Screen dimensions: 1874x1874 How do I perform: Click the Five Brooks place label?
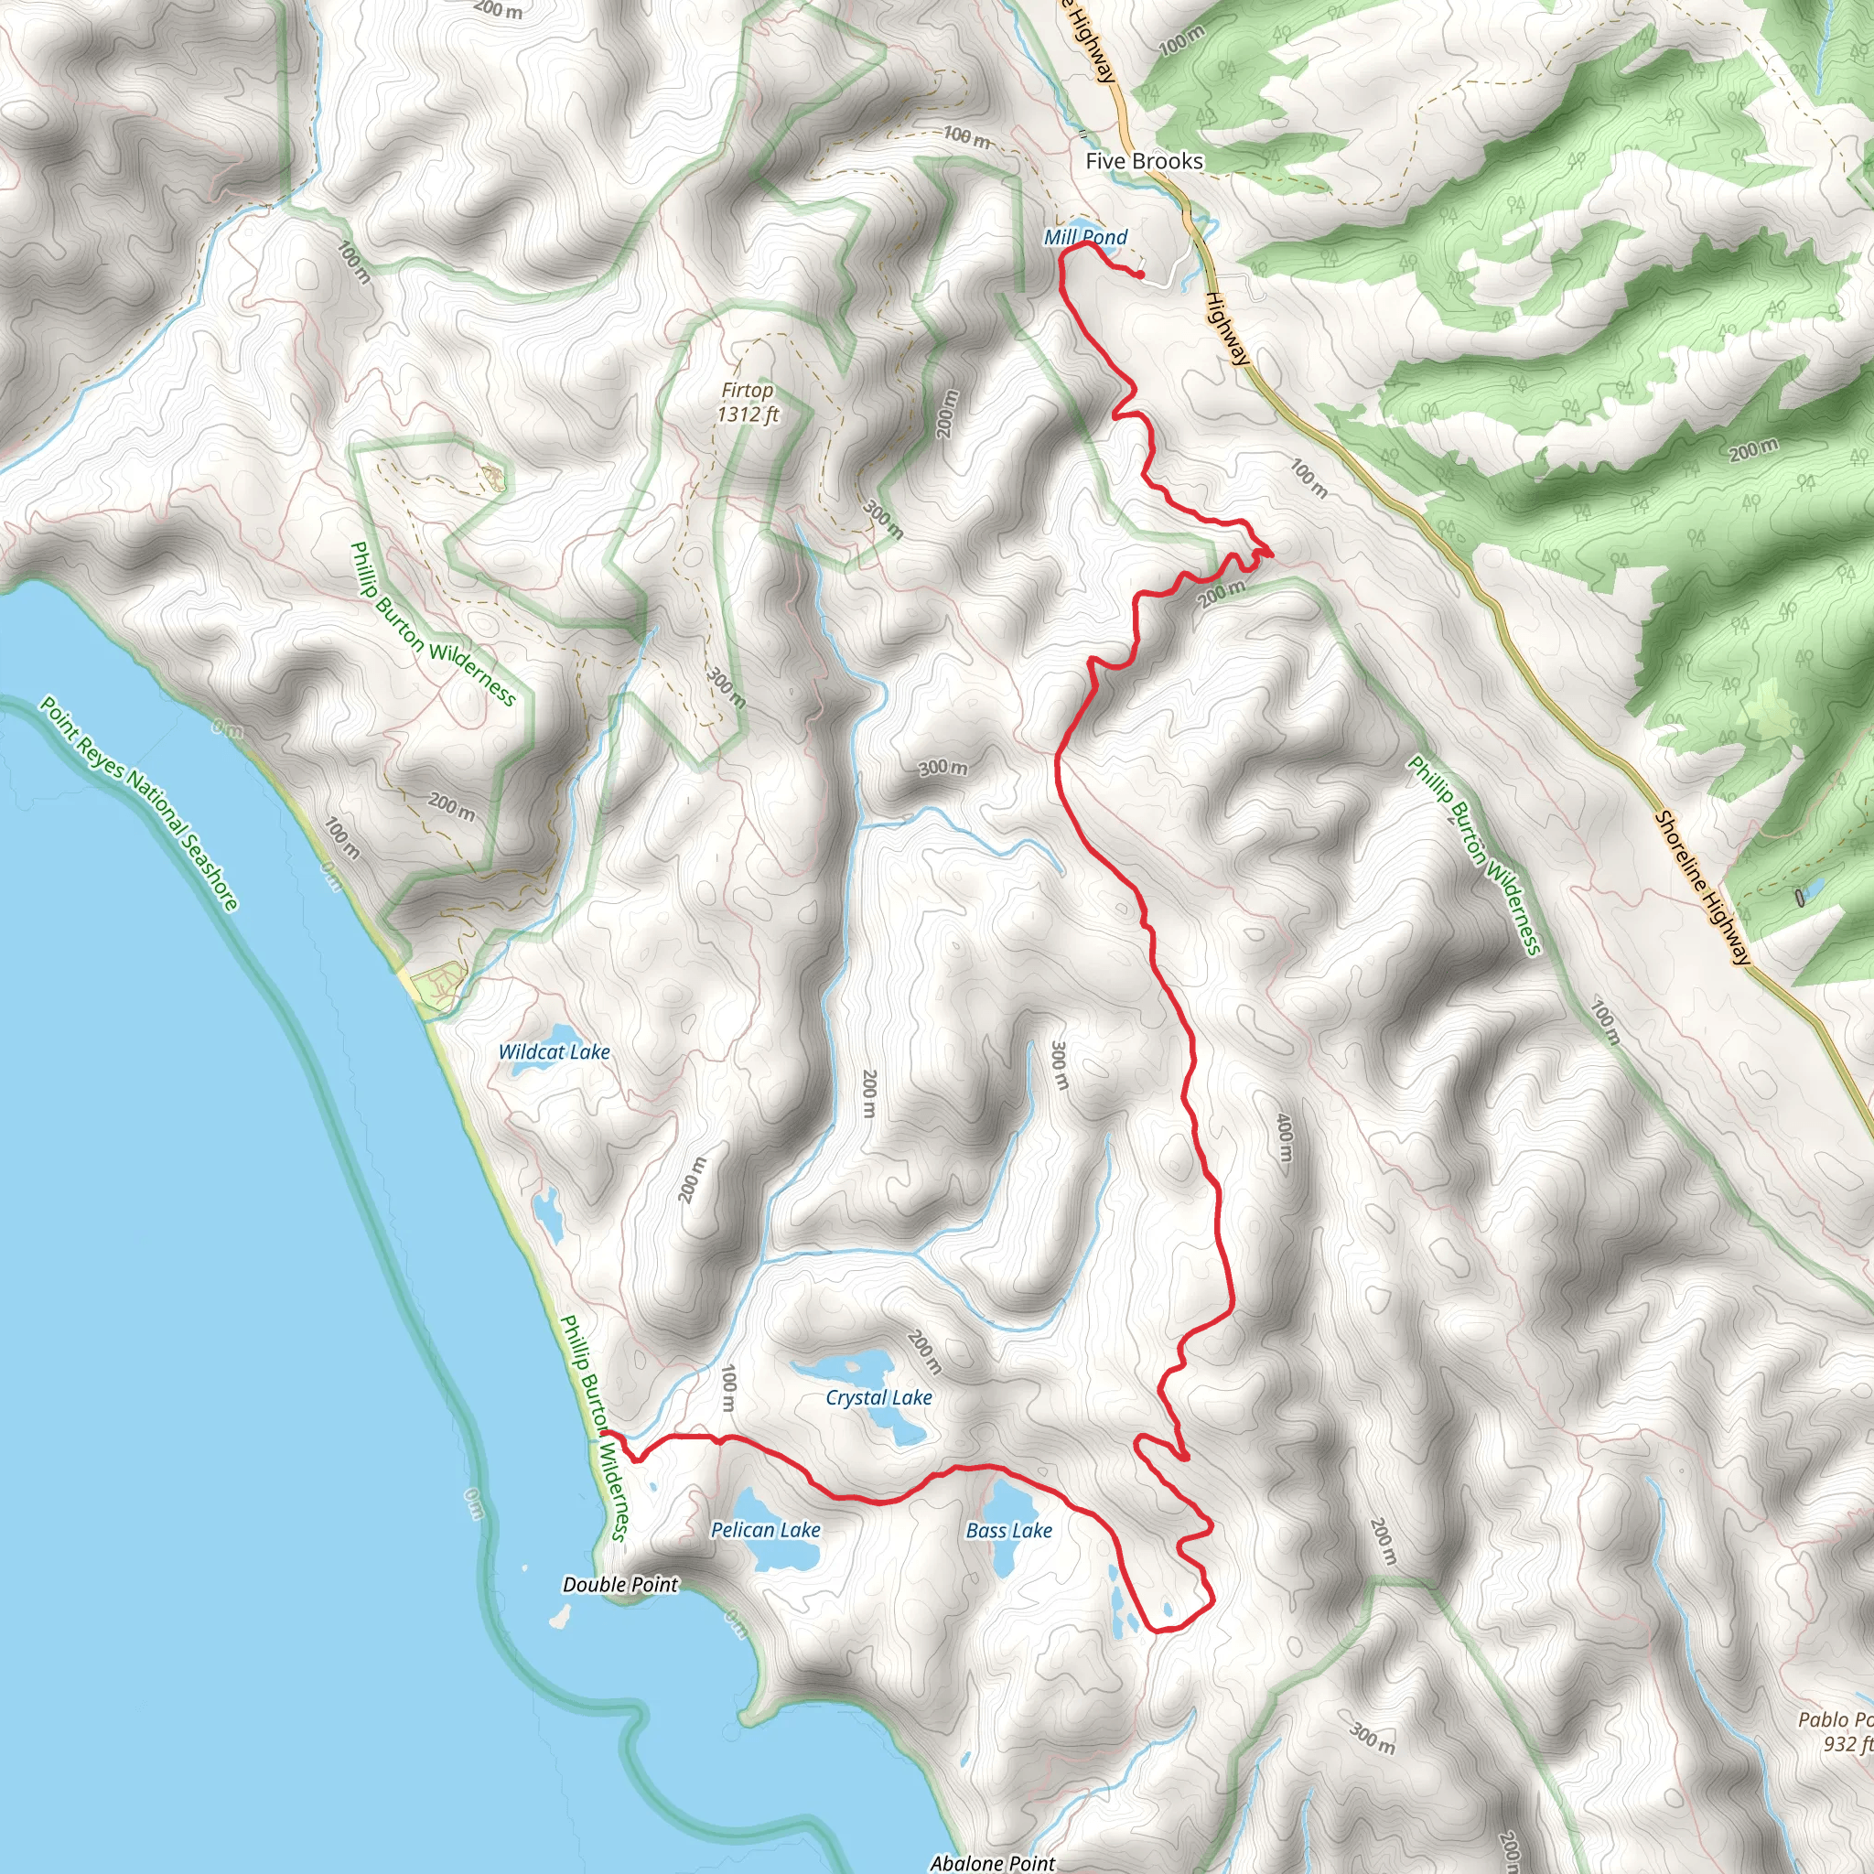click(1144, 161)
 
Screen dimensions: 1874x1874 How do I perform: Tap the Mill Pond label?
click(1085, 237)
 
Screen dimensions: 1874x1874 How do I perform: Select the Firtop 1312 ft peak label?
click(747, 403)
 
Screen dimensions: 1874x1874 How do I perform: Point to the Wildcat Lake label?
click(554, 1051)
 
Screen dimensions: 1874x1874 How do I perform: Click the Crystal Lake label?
click(878, 1398)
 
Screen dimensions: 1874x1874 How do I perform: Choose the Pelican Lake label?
click(765, 1530)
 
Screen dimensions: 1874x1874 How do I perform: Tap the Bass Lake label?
click(1008, 1531)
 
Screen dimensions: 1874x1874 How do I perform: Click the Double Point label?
click(620, 1584)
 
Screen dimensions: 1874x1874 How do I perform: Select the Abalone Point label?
click(992, 1862)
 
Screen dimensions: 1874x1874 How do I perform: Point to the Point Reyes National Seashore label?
click(139, 804)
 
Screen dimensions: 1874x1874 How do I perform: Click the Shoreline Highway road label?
click(1702, 888)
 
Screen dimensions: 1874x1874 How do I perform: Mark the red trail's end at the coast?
click(604, 1432)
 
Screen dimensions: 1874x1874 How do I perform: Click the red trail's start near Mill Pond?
click(1141, 275)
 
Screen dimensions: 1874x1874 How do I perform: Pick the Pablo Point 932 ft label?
click(1836, 1731)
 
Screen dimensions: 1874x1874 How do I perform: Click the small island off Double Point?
click(559, 1616)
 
